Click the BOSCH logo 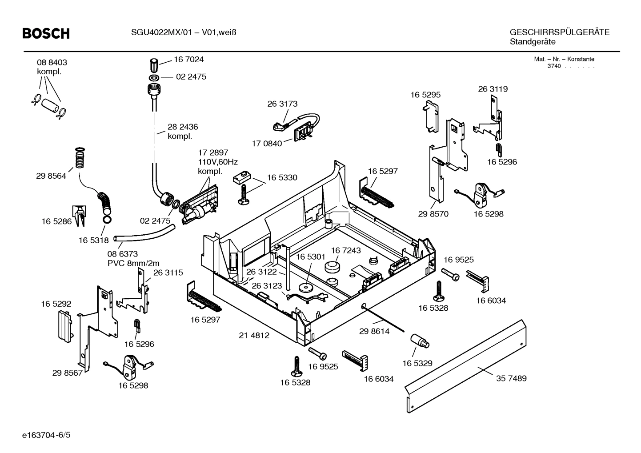click(46, 33)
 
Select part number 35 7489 click(511, 378)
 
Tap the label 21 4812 click(254, 336)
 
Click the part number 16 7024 click(188, 60)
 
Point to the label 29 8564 click(51, 176)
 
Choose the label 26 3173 click(282, 104)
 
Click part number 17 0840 click(267, 144)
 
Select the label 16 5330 click(282, 178)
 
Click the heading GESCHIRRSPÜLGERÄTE click(559, 32)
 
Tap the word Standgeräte click(532, 42)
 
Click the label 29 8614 click(374, 331)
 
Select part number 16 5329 click(417, 363)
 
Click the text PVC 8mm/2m click(133, 263)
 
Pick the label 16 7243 click(345, 250)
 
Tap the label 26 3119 click(493, 89)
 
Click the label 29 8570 click(433, 214)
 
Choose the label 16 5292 click(56, 304)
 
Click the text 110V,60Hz click(218, 162)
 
